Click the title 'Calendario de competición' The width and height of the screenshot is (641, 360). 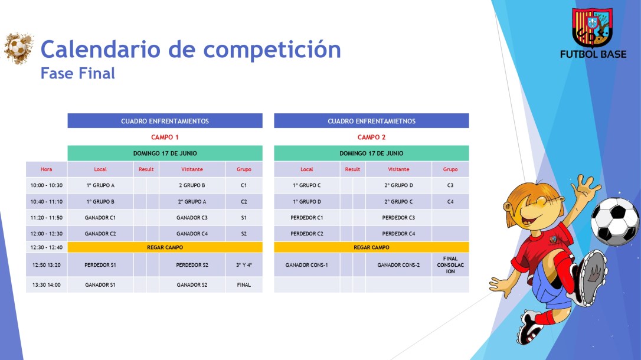click(191, 50)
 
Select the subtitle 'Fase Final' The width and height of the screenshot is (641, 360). click(78, 73)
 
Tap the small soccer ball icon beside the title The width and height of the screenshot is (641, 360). click(18, 48)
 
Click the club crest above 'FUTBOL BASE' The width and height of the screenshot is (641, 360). click(593, 28)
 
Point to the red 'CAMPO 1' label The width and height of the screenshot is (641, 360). click(165, 137)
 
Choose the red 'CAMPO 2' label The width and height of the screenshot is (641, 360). click(371, 137)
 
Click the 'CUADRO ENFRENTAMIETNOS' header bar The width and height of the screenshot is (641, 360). click(371, 121)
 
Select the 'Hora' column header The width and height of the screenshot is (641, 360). click(46, 169)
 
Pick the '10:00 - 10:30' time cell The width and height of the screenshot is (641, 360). click(46, 185)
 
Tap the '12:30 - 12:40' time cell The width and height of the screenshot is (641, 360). click(46, 247)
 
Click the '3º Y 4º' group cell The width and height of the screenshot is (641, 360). click(244, 265)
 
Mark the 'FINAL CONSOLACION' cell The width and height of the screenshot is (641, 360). click(450, 265)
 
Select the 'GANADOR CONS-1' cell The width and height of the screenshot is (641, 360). click(306, 265)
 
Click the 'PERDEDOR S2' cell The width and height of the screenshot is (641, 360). click(192, 265)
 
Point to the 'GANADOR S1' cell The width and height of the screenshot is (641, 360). click(100, 284)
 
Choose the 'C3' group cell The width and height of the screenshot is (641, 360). click(450, 185)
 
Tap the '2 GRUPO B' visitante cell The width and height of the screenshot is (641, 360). click(192, 185)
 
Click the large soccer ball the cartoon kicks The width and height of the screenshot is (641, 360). click(614, 221)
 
